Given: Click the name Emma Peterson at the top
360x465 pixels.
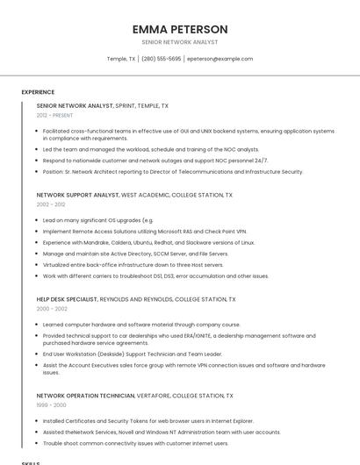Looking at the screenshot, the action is pos(179,29).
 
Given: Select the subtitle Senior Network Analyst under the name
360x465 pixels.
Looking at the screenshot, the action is pos(179,42).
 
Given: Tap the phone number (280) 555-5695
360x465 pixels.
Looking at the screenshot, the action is pos(161,59).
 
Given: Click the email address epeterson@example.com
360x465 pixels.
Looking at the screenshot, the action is pos(220,59).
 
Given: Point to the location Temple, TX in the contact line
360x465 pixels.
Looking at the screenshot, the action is pos(121,59).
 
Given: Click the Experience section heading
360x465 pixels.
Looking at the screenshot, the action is pos(38,92).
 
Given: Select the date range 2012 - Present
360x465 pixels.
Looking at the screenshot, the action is pos(54,115).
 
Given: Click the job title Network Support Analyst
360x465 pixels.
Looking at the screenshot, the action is pos(77,195).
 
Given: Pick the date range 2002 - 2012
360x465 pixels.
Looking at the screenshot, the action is pos(51,204).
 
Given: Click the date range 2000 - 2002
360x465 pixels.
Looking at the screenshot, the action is pos(52,309).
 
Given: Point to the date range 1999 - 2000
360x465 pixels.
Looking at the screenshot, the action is pos(51,405).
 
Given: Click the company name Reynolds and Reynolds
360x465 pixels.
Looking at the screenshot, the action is pos(138,299).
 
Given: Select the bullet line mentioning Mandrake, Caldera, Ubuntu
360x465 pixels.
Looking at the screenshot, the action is pos(148,242).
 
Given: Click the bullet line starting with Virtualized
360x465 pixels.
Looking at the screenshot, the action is pos(133,264).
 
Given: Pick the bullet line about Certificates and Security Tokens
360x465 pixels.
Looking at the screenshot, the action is pos(148,420).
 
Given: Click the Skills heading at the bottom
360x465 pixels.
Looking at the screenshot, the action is pos(31,461).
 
